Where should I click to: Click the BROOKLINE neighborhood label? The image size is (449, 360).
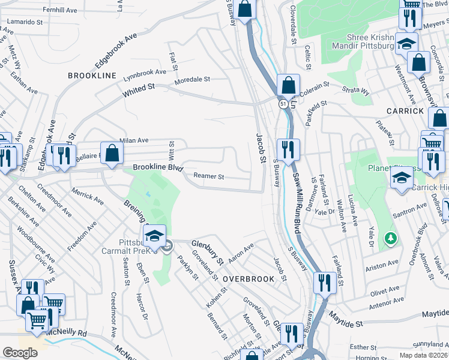click(x=91, y=76)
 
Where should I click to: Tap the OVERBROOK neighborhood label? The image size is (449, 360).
click(x=249, y=280)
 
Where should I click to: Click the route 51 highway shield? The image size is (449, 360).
click(x=283, y=104)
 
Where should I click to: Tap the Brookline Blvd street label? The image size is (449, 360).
click(x=157, y=168)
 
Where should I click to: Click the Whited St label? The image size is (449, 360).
click(x=139, y=90)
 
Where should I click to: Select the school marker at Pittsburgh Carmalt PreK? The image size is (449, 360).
click(x=154, y=235)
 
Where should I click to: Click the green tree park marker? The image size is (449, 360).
click(x=391, y=239)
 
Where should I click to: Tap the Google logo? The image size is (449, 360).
click(x=19, y=352)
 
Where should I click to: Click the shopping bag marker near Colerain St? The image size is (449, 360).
click(x=288, y=85)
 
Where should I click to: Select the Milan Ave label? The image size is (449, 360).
click(x=134, y=140)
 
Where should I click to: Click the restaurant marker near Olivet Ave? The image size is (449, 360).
click(x=324, y=282)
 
